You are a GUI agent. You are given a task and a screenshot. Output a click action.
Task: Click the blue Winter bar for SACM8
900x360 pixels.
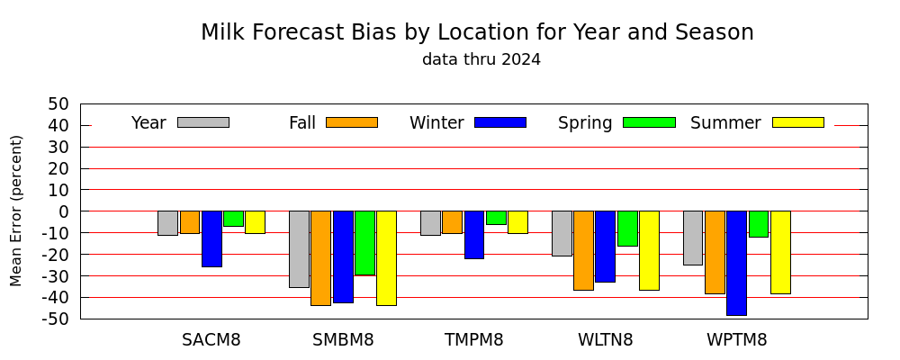tap(211, 238)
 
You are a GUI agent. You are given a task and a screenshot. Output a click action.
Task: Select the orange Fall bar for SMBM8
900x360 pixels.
tap(321, 257)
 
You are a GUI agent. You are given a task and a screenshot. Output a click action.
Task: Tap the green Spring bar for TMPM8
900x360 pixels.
tap(496, 218)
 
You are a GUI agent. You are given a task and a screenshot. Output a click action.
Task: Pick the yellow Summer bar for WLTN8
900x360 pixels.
tap(649, 250)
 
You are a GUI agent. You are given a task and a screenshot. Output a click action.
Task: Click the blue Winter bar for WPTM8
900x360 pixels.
tap(736, 263)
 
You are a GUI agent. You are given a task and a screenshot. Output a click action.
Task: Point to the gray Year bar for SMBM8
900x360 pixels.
tap(299, 249)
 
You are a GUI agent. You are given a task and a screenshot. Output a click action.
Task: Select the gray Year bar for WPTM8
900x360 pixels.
tap(693, 238)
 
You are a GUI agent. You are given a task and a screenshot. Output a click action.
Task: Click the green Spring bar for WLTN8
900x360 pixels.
tap(627, 229)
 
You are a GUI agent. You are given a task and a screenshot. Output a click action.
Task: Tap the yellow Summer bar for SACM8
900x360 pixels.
tap(256, 222)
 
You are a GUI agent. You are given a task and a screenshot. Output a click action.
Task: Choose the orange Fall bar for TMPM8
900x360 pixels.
tap(453, 222)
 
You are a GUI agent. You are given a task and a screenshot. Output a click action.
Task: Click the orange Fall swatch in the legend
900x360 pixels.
tap(352, 122)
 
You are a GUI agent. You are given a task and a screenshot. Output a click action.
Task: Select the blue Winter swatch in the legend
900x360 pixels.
tap(500, 122)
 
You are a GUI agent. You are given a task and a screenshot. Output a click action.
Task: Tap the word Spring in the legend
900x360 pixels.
tap(585, 123)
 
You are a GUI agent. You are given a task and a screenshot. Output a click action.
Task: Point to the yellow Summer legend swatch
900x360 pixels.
tap(797, 122)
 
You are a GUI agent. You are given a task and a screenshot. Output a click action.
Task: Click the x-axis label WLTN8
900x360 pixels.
tap(605, 340)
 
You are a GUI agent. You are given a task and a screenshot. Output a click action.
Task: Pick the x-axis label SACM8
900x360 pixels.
tap(211, 340)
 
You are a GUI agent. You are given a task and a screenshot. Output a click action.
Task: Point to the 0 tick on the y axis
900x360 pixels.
tap(64, 211)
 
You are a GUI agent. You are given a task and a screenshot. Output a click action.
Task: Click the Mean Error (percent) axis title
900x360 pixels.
tap(15, 211)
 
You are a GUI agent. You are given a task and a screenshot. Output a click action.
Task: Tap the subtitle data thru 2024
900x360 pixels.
tap(481, 59)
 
